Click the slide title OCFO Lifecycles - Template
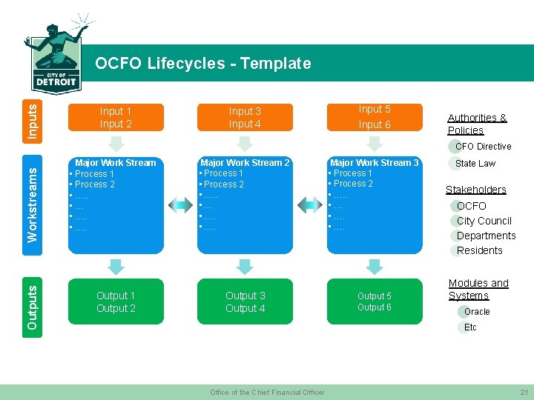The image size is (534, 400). [x=202, y=64]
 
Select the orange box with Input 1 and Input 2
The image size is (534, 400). [x=116, y=118]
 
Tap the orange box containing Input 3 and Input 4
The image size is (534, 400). [x=245, y=118]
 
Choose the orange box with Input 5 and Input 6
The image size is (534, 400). [x=375, y=117]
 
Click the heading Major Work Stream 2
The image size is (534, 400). [x=245, y=163]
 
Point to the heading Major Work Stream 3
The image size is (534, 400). [x=375, y=163]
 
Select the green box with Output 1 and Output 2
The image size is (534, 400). [x=116, y=302]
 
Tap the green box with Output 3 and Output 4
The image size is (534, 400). [x=245, y=302]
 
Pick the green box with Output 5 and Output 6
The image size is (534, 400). [x=375, y=302]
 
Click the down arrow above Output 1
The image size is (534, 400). [x=116, y=265]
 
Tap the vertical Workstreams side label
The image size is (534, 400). [x=33, y=204]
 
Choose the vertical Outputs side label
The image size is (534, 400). [x=33, y=302]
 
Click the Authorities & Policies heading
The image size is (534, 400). [x=477, y=124]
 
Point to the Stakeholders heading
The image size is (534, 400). [x=475, y=190]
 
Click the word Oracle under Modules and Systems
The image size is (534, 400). [x=477, y=312]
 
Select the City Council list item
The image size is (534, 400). [x=484, y=221]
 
